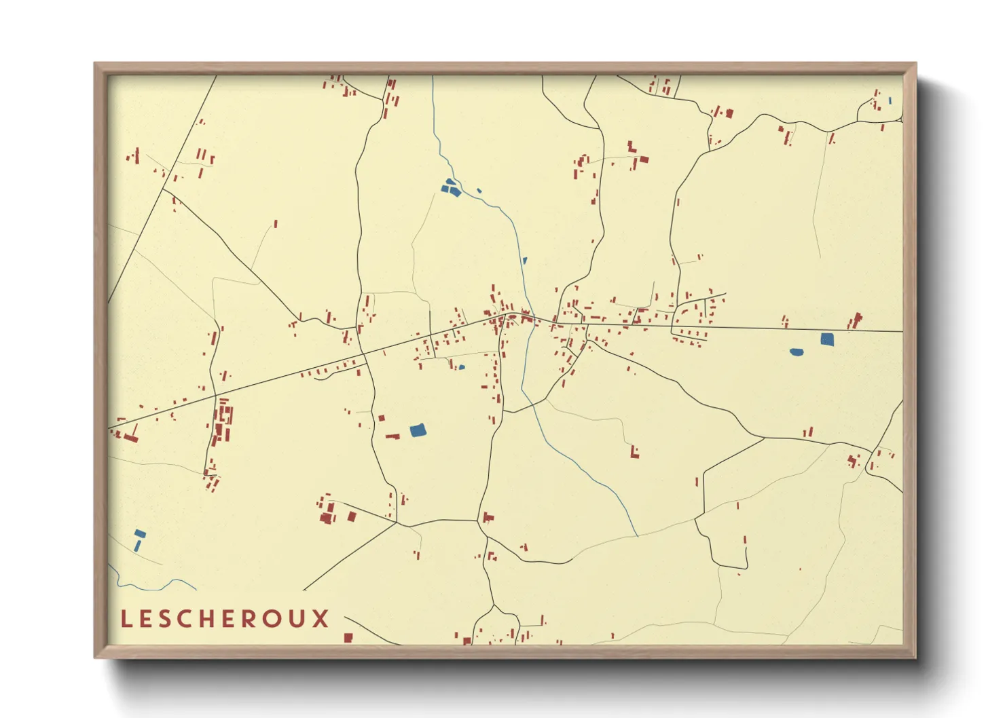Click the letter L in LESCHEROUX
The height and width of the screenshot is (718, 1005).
[126, 619]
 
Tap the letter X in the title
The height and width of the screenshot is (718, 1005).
[320, 619]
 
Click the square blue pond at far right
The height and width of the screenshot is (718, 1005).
[826, 339]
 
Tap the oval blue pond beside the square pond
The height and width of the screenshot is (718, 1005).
[797, 352]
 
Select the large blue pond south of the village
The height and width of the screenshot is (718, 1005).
[418, 430]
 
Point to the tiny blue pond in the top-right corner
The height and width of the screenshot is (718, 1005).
[890, 100]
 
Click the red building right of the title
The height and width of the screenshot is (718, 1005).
[348, 637]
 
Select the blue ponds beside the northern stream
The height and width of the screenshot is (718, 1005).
[451, 187]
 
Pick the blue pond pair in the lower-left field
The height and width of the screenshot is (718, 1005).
[139, 540]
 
